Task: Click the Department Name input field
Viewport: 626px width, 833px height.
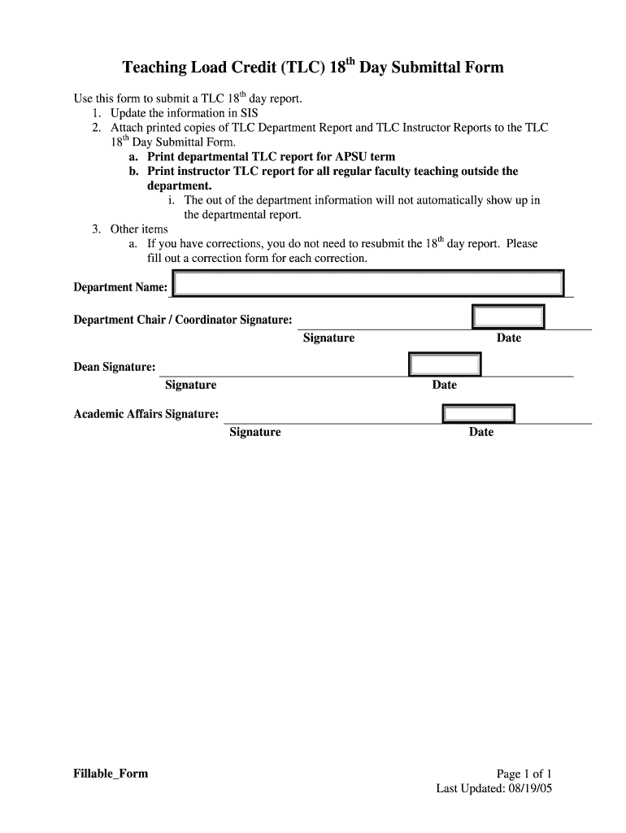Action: [x=368, y=284]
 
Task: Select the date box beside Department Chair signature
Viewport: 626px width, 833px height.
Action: [x=509, y=316]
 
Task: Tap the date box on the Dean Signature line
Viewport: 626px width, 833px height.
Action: [x=445, y=364]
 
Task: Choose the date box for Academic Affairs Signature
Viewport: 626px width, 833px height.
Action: [x=479, y=413]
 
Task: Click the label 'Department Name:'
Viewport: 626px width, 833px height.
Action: [x=120, y=287]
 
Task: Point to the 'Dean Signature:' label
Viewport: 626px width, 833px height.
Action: [x=115, y=367]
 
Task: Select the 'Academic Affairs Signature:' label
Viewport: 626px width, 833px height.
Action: [x=146, y=414]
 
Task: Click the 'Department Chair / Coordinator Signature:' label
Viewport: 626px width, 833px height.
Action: [x=183, y=320]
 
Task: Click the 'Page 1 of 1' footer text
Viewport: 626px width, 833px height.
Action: [x=524, y=774]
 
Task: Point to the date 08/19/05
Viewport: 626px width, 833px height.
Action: [x=529, y=788]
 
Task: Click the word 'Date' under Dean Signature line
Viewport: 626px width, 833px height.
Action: [x=444, y=385]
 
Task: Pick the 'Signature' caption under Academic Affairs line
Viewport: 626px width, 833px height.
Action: [x=254, y=432]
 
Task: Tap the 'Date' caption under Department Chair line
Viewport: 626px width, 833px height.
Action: [x=509, y=338]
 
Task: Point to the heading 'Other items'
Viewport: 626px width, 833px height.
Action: [x=139, y=229]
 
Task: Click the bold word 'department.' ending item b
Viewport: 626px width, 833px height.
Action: [x=179, y=185]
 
